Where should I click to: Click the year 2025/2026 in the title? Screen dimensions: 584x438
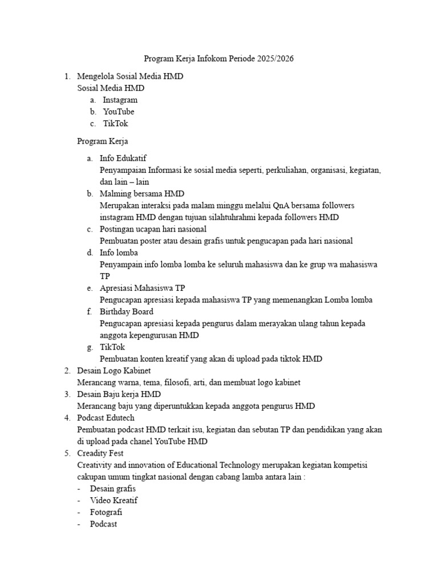275,59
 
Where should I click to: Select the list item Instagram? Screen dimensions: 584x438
120,100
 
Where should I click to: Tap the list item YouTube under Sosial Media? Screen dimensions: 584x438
119,112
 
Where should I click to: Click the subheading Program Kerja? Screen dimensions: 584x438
103,141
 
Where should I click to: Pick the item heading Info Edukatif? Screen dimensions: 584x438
123,159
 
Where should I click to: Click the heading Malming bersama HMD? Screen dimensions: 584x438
142,194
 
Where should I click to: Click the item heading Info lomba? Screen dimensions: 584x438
119,253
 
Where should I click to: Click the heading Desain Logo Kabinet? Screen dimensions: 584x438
114,371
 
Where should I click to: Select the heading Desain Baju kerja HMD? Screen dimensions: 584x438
119,394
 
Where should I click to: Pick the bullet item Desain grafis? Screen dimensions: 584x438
113,489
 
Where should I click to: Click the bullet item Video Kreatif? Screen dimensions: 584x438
113,500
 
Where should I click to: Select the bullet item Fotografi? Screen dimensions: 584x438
106,512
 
